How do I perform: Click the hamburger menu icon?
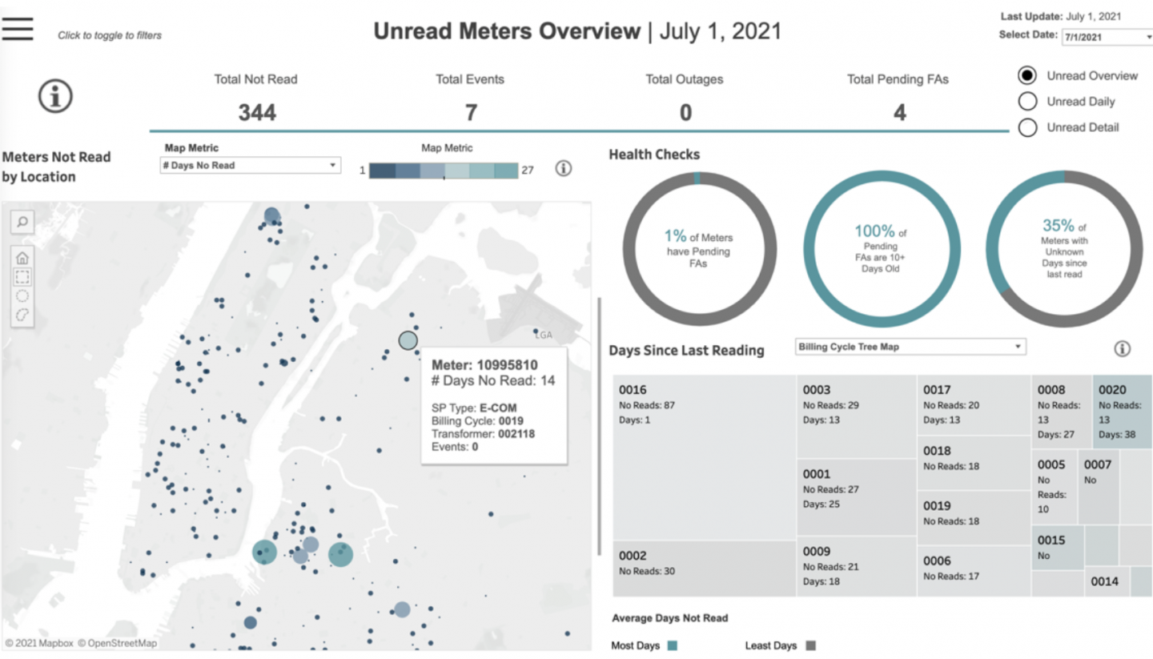click(18, 29)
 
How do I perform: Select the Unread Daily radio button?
click(1027, 102)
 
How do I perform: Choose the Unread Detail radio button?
click(1027, 127)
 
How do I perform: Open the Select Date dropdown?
click(1106, 37)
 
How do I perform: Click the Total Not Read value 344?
click(256, 113)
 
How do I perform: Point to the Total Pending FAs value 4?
click(899, 113)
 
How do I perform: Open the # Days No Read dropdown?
click(250, 166)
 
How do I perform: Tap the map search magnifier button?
click(22, 222)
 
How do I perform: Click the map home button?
click(22, 258)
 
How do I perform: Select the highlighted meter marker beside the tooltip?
click(408, 340)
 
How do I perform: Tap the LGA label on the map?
click(544, 335)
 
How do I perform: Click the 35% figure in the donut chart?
click(1058, 227)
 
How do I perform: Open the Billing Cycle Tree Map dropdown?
click(910, 348)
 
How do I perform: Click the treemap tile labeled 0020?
click(1121, 412)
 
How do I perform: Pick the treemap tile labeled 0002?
click(705, 568)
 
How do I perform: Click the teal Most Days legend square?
click(672, 645)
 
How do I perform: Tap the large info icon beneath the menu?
click(55, 97)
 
